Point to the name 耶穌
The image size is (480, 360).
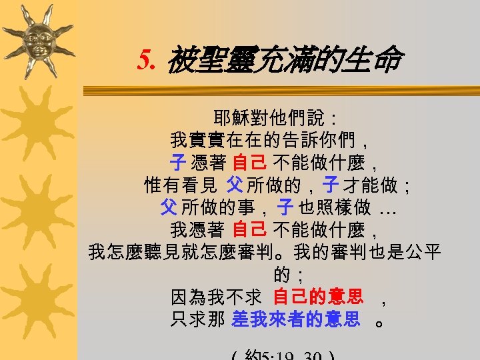point(231,119)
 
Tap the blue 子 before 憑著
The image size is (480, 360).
point(177,162)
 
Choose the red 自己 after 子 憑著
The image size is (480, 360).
point(250,162)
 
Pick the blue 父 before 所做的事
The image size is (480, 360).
point(168,207)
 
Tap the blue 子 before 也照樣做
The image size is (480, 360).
point(286,207)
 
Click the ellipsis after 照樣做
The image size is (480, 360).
point(389,209)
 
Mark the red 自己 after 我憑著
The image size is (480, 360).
point(250,230)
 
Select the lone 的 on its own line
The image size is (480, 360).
point(281,274)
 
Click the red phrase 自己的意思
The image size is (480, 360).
point(318,297)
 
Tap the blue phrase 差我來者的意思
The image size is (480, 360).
point(295,319)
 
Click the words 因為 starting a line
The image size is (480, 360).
point(188,297)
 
